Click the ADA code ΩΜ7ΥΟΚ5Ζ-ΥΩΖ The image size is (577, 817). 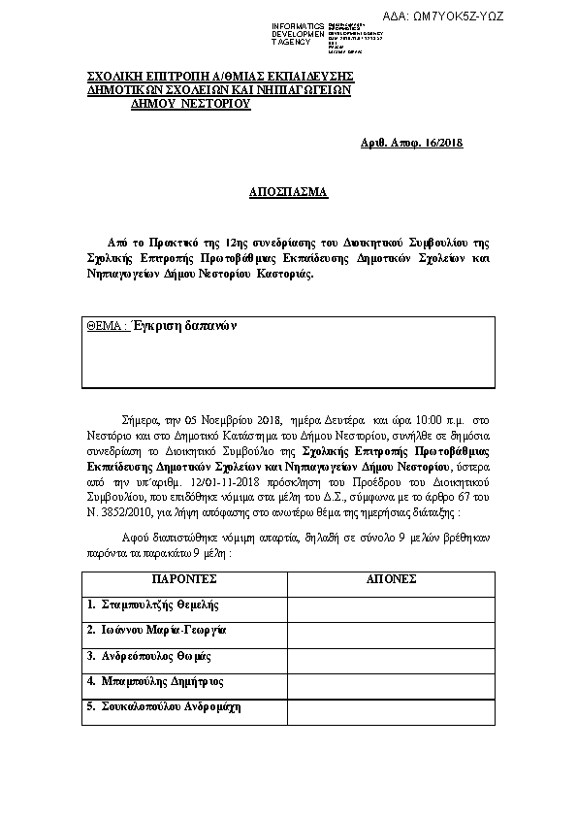457,17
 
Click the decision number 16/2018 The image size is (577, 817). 442,144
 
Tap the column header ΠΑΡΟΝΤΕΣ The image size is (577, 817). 184,578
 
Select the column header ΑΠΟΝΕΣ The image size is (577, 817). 391,578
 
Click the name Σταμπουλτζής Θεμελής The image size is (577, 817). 150,605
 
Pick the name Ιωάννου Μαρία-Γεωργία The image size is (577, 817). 156,630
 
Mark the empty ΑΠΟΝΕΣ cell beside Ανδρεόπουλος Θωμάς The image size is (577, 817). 391,656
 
